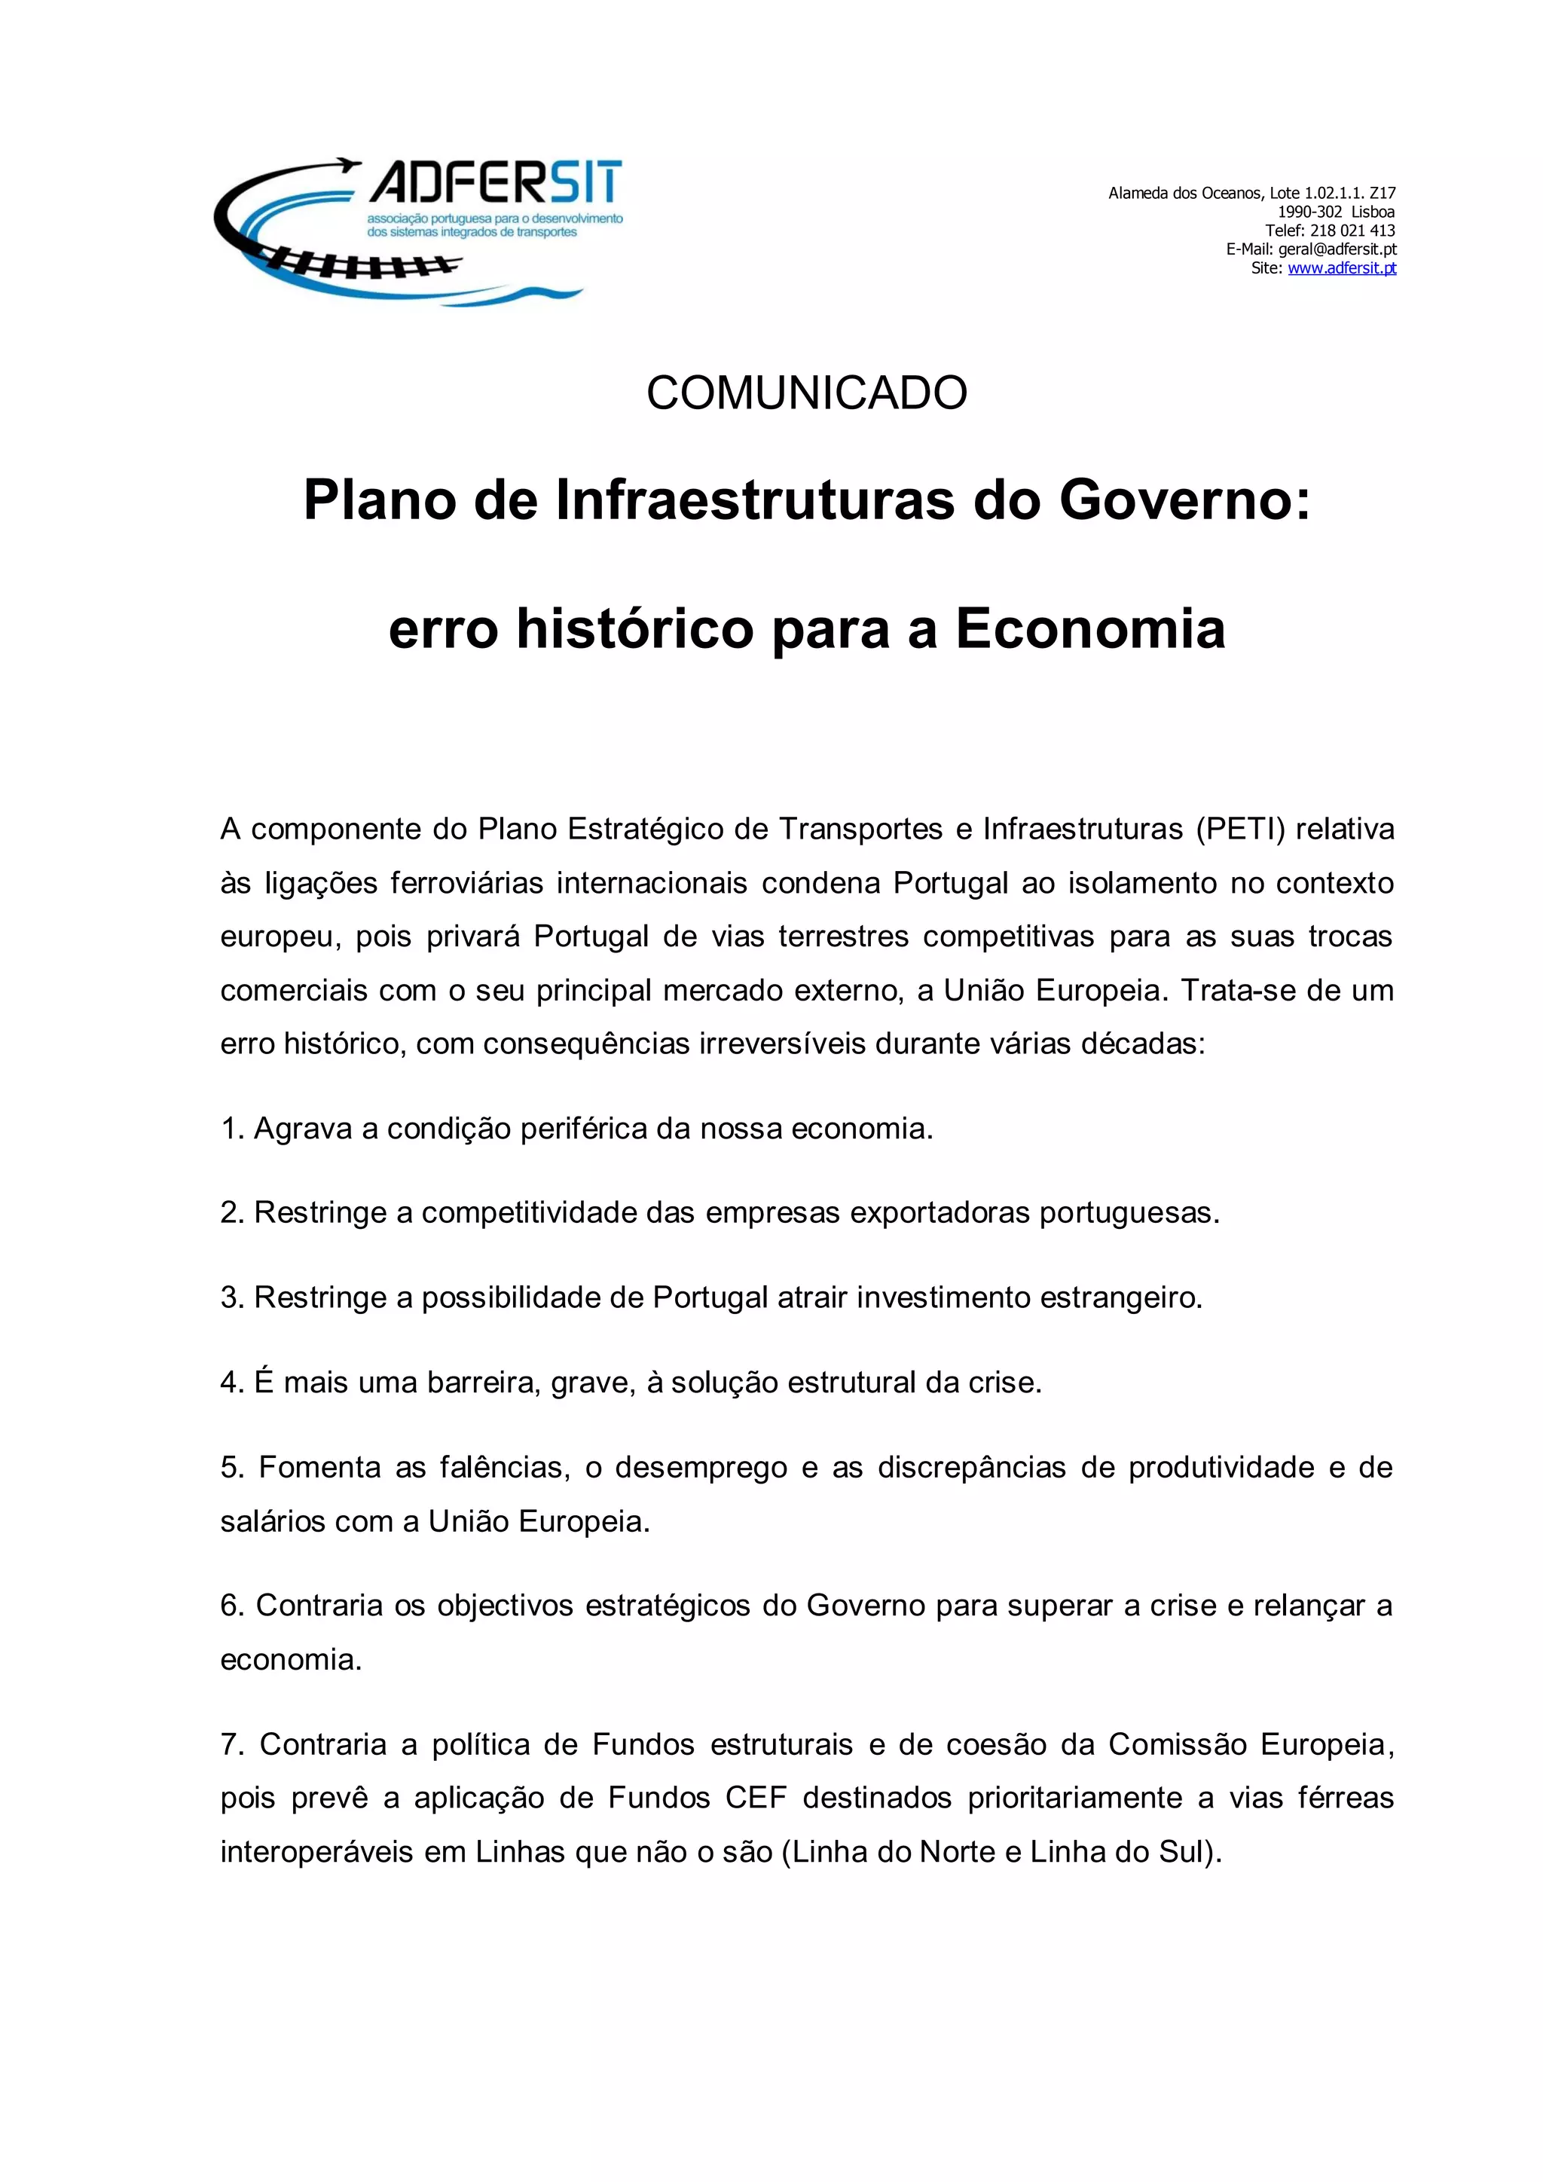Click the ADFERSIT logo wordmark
tap(495, 182)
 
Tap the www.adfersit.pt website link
tap(1342, 268)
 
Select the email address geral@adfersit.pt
tap(1337, 249)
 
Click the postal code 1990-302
tap(1309, 212)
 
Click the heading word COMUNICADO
tap(807, 393)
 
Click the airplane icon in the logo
tap(347, 168)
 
